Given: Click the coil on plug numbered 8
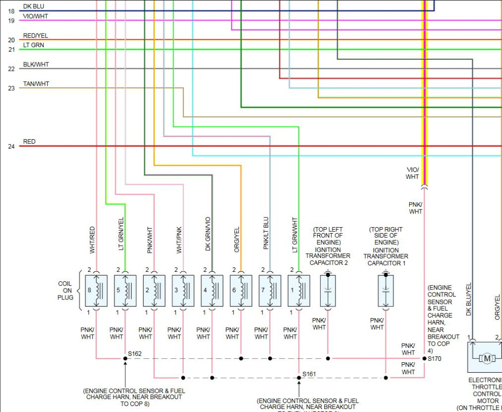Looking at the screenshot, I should pos(96,290).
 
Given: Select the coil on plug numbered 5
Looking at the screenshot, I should pos(125,290).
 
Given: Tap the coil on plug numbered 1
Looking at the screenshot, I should pos(299,290).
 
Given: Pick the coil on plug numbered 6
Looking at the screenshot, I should pos(241,290).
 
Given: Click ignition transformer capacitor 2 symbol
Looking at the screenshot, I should pos(328,290).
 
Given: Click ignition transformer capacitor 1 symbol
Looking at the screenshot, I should pos(386,290).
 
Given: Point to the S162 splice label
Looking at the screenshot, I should pos(135,354).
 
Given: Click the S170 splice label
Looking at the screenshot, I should pos(435,359).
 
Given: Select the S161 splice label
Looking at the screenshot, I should pos(309,374).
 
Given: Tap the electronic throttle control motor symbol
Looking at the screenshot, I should pos(486,358).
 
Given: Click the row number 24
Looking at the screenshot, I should pos(11,147).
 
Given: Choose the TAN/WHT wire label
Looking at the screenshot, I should pos(36,84).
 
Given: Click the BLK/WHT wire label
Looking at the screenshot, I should pos(36,65).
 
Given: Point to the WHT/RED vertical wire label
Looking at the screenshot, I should pos(92,239).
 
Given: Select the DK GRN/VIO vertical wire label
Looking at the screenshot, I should pos(208,235).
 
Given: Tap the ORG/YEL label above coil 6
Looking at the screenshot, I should pos(237,239).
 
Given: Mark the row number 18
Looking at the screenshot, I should pos(11,11).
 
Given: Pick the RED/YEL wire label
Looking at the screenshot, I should pos(36,36).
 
